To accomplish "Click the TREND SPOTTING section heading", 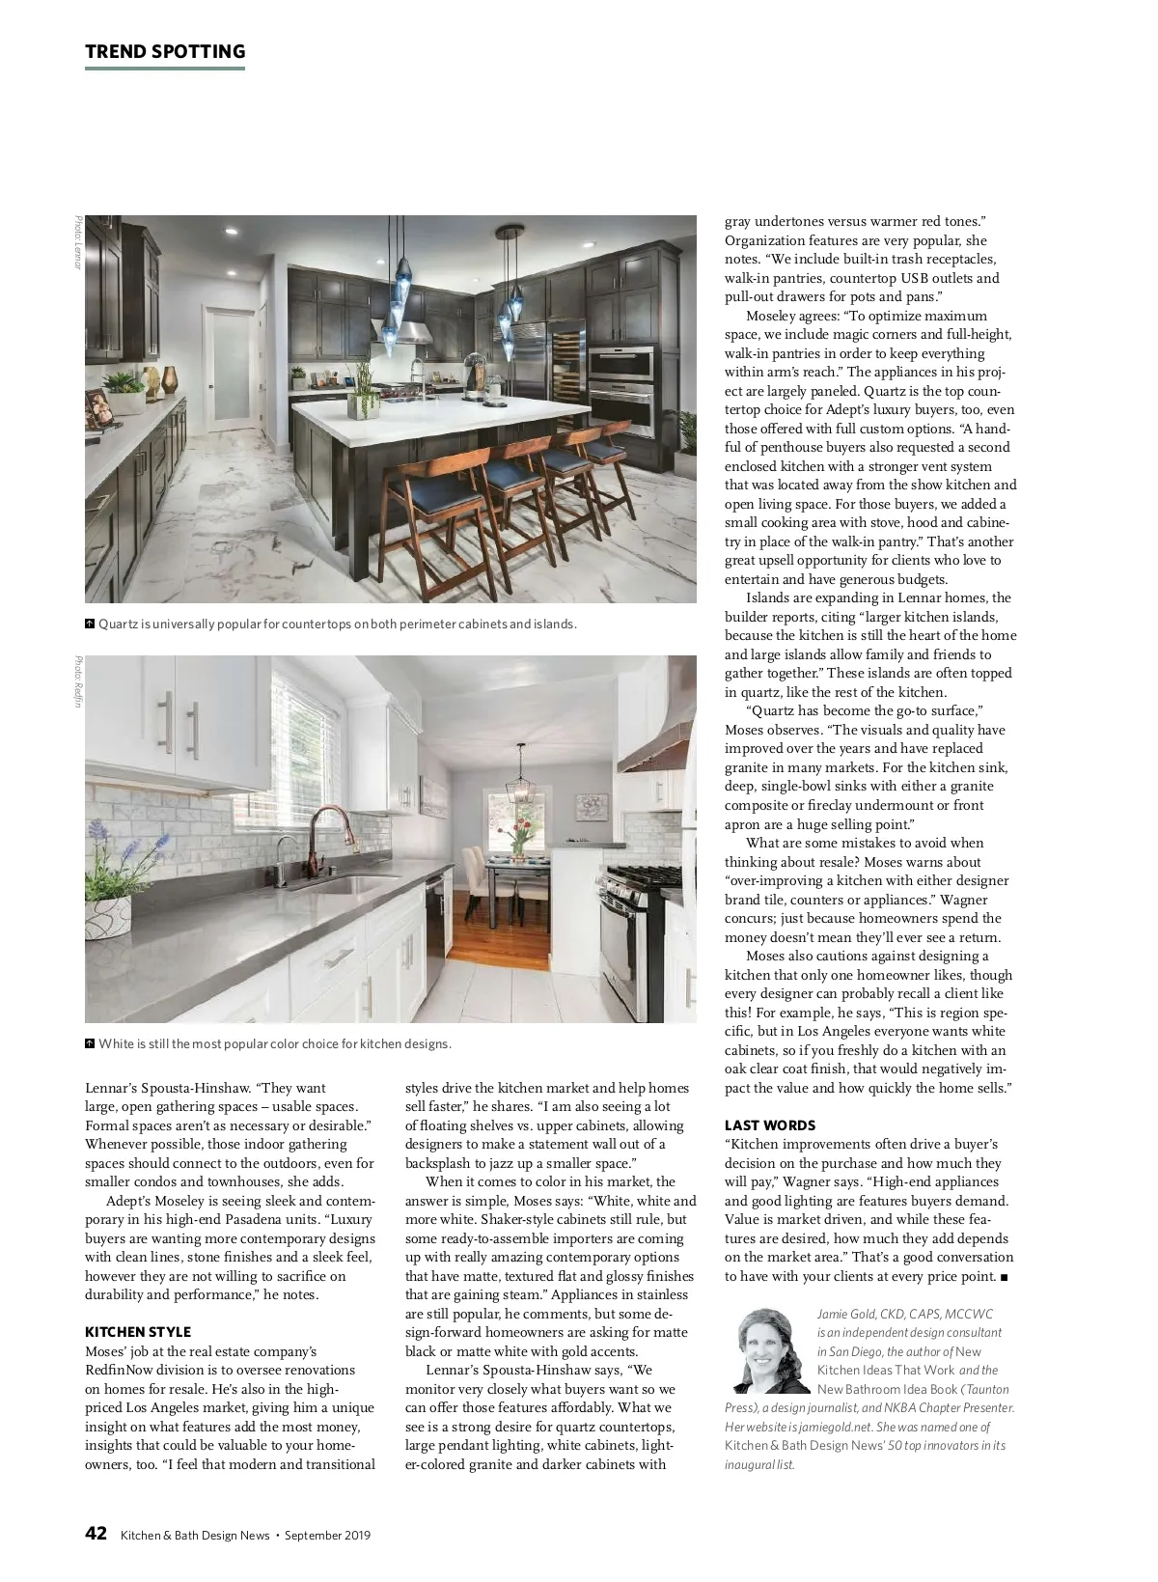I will (165, 52).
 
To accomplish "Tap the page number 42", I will (96, 1534).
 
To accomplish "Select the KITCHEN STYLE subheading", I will (138, 1332).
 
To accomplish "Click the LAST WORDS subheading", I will (770, 1125).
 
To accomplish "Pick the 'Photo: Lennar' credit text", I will (78, 242).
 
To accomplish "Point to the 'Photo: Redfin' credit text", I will (78, 681).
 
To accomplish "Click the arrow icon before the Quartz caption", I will (90, 624).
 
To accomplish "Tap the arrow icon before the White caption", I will (90, 1043).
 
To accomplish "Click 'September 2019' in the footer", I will (327, 1536).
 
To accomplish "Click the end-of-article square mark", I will (1005, 1277).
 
